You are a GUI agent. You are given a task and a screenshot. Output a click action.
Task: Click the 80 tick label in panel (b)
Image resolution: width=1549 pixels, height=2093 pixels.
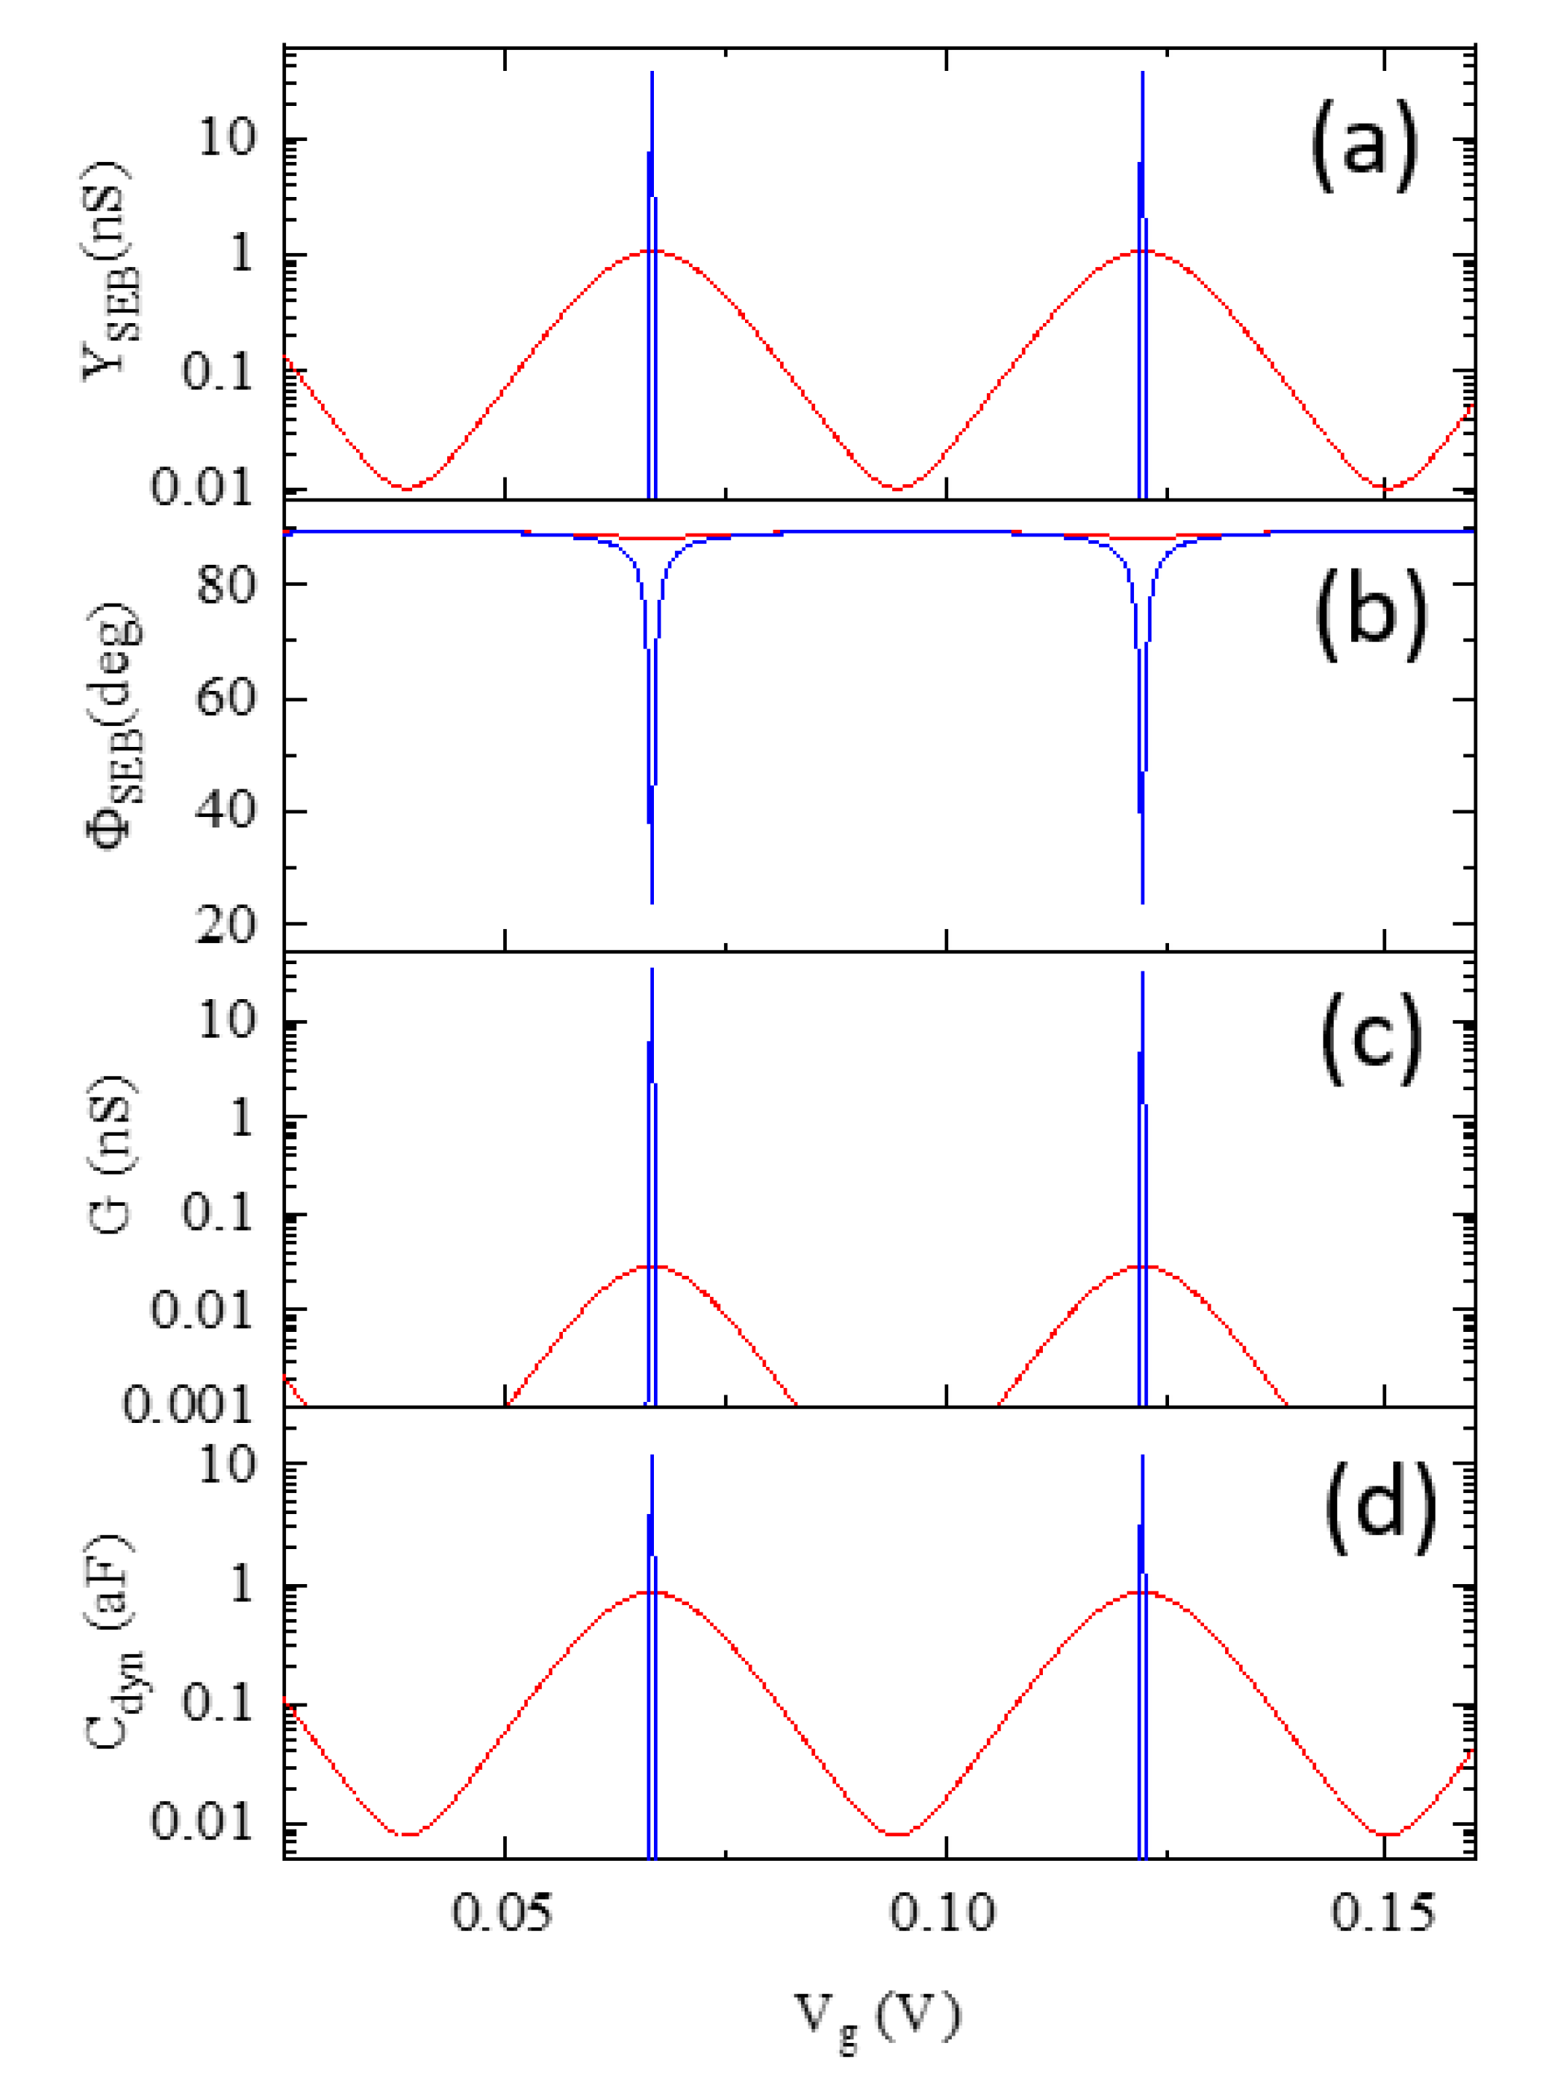(226, 585)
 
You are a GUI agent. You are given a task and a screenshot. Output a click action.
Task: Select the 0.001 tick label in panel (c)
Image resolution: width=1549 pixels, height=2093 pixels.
(188, 1405)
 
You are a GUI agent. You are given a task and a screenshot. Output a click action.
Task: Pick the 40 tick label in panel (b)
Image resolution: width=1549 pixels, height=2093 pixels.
(226, 811)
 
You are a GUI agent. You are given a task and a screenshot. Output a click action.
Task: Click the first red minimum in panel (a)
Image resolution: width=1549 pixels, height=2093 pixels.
(406, 487)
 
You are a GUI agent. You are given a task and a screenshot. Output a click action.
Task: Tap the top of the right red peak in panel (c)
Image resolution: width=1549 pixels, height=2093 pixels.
(1142, 1266)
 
